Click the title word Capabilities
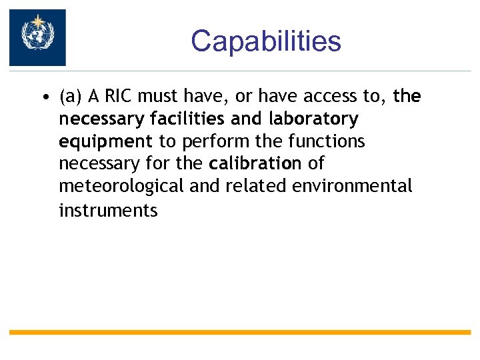coord(265,41)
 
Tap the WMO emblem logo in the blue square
coord(37,37)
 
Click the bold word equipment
coord(105,142)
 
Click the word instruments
coord(108,211)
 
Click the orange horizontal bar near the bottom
coord(240,332)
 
